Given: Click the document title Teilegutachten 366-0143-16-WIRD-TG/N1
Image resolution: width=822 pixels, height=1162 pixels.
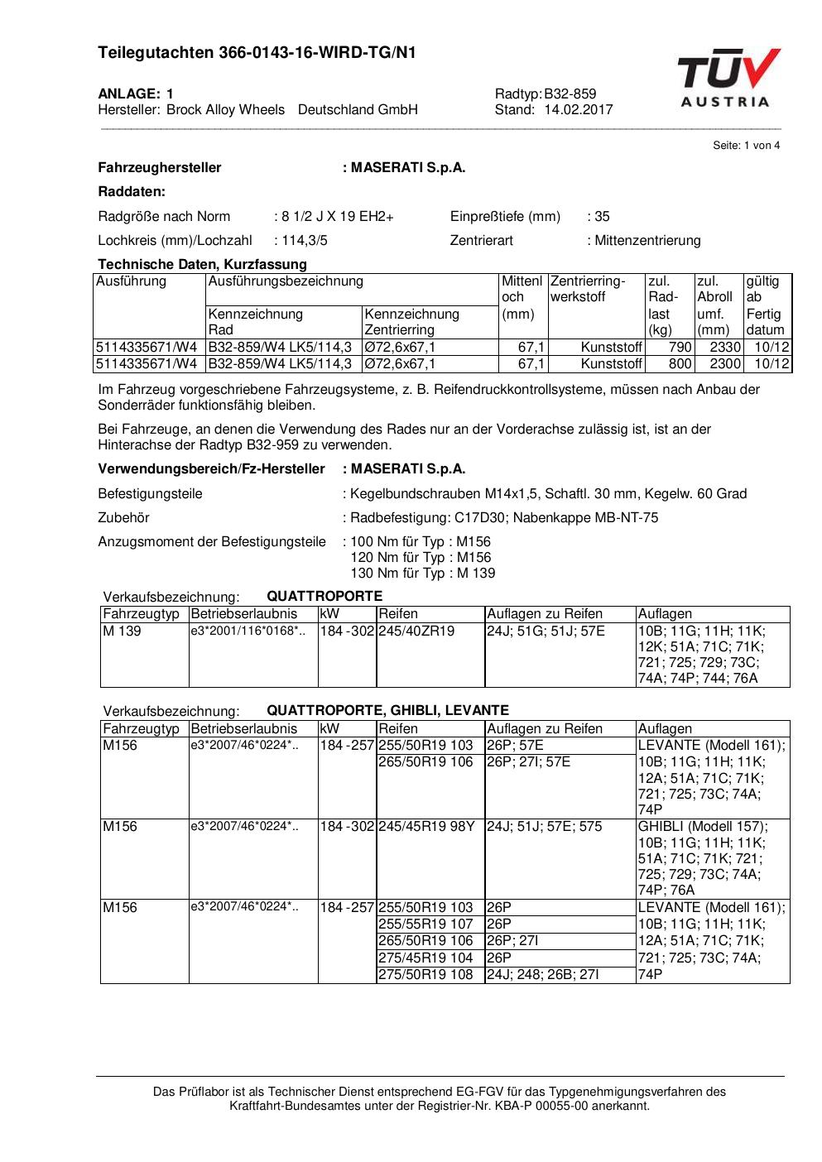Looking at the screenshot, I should [x=257, y=53].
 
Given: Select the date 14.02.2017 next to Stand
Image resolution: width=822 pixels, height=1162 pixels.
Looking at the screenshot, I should [x=579, y=109].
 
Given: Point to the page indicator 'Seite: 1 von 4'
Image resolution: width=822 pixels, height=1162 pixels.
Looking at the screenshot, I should [x=746, y=146].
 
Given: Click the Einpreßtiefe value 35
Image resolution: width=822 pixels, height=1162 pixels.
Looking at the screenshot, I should [x=602, y=217].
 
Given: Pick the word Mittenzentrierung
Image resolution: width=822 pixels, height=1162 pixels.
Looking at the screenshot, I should [x=647, y=241].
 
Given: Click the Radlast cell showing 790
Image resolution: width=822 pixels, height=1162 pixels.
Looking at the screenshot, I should [x=680, y=348].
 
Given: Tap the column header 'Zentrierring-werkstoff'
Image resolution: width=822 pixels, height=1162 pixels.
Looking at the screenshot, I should [x=588, y=289].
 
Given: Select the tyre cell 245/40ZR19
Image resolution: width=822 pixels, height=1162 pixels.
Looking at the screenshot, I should [x=416, y=631].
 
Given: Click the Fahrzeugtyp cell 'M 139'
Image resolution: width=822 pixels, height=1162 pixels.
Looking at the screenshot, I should [x=123, y=631].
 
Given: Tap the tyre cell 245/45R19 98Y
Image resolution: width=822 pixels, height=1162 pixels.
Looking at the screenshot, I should [x=426, y=827].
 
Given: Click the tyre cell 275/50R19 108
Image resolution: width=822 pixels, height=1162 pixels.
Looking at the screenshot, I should [x=425, y=975].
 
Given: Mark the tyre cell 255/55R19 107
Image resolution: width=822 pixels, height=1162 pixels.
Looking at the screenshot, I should [x=425, y=924].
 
